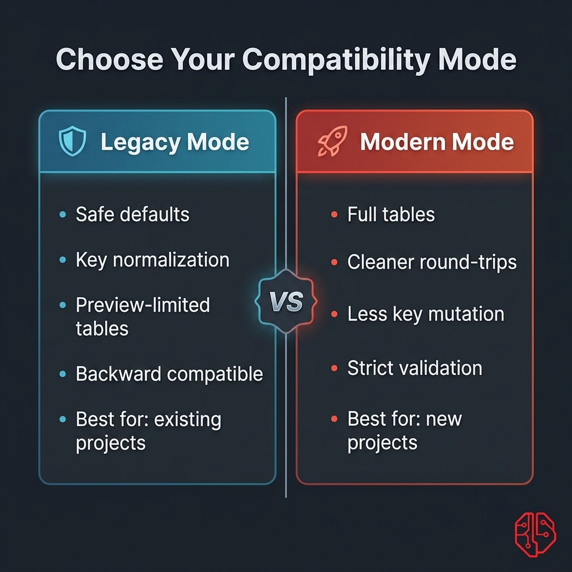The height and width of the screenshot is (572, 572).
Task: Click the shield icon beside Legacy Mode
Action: pyautogui.click(x=73, y=142)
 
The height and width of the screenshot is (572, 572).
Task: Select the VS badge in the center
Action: pyautogui.click(x=286, y=302)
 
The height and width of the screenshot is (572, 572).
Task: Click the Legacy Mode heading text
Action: pyautogui.click(x=175, y=142)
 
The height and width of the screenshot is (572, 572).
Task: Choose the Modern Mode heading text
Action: pyautogui.click(x=437, y=142)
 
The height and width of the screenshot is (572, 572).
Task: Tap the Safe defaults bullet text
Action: pyautogui.click(x=132, y=214)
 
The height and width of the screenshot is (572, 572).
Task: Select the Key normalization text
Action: pyautogui.click(x=152, y=260)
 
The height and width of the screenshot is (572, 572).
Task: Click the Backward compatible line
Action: pyautogui.click(x=169, y=374)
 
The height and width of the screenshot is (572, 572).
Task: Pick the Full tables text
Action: pyautogui.click(x=391, y=214)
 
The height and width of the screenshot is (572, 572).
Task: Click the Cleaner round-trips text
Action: pyautogui.click(x=432, y=262)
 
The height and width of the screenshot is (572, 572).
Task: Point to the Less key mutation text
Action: pyautogui.click(x=426, y=314)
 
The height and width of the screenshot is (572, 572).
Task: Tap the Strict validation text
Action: pyautogui.click(x=414, y=368)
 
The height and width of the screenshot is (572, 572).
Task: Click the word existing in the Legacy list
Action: pyautogui.click(x=188, y=420)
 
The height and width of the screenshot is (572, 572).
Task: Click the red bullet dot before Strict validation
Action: pyautogui.click(x=334, y=369)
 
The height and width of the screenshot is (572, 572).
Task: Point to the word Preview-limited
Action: pyautogui.click(x=142, y=305)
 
